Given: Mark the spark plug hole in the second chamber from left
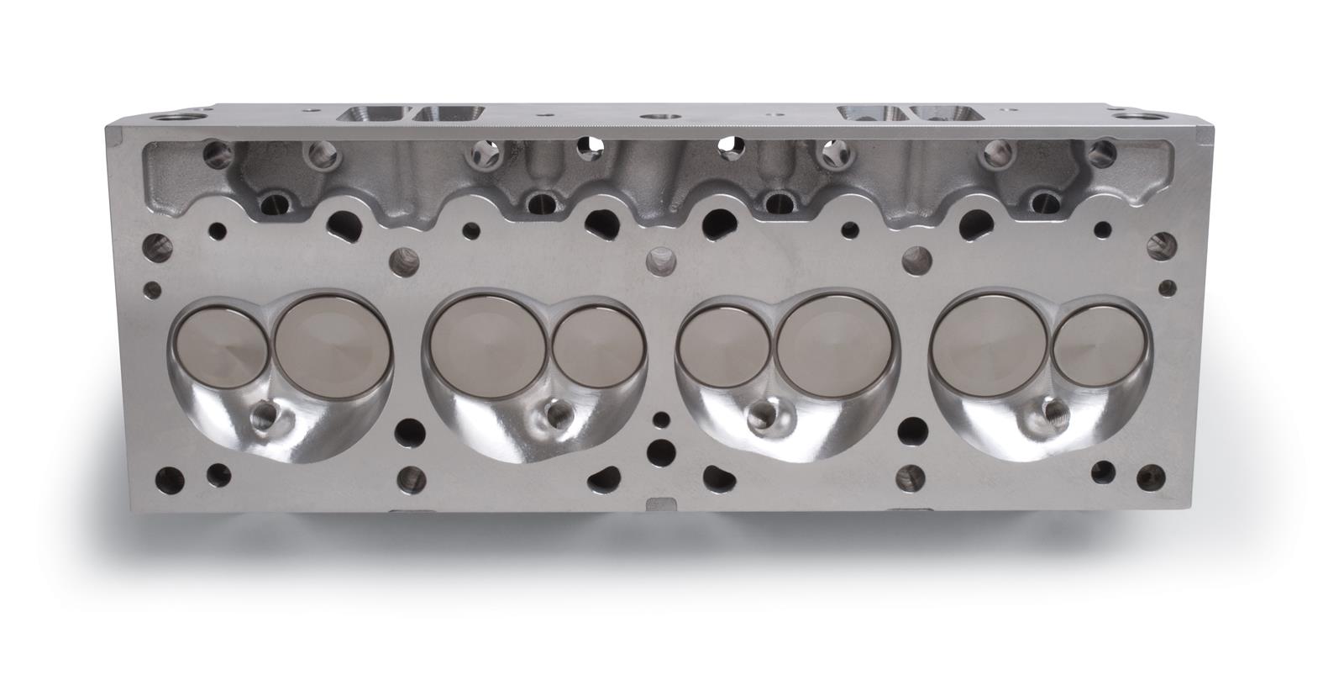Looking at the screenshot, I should [x=555, y=414].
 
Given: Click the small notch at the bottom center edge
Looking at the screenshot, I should [x=658, y=504].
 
